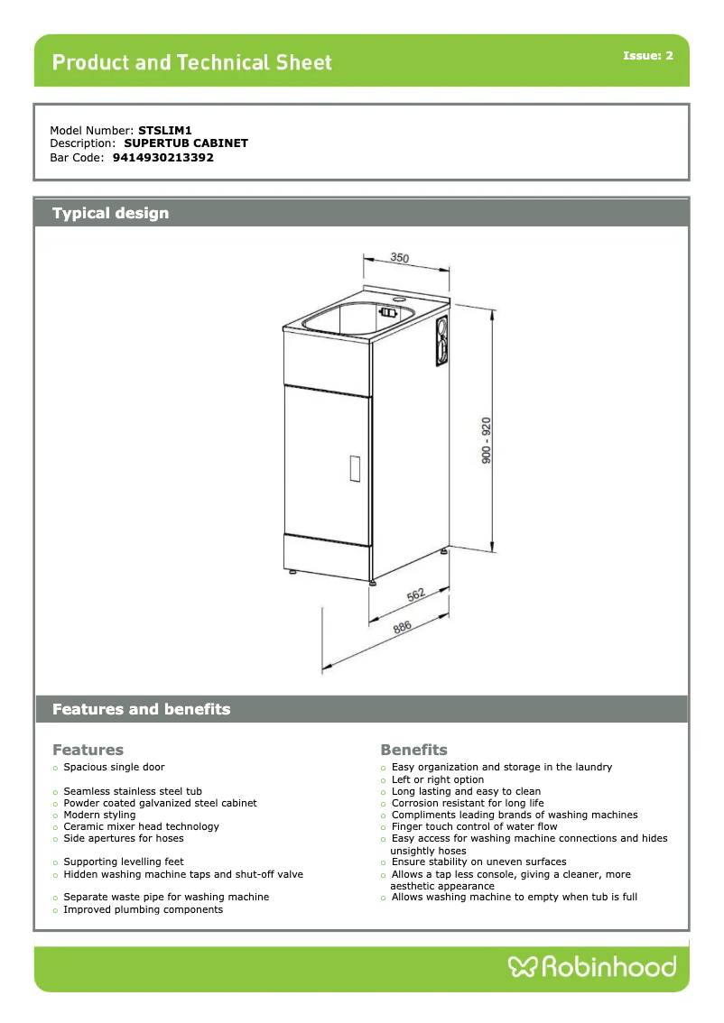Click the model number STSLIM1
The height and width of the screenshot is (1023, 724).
[x=164, y=130]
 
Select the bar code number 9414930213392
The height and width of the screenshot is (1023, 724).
[x=162, y=157]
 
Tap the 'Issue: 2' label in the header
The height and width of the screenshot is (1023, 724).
[x=647, y=56]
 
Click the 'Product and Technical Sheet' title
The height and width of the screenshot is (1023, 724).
[x=192, y=62]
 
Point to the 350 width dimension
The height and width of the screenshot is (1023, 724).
[x=399, y=258]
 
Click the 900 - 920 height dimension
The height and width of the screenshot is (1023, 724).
[x=486, y=440]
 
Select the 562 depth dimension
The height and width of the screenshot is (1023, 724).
[x=416, y=594]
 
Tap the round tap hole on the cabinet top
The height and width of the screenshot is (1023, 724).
[x=400, y=295]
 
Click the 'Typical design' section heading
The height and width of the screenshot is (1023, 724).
[x=110, y=213]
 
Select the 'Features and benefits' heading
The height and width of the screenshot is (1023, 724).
[x=141, y=709]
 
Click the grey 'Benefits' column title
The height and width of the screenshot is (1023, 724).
[x=413, y=750]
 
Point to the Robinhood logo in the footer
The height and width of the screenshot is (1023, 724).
[x=592, y=967]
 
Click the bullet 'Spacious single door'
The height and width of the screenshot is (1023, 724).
[x=114, y=767]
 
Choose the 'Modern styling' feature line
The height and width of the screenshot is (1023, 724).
[x=99, y=815]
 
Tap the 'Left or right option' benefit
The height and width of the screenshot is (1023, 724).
[x=438, y=779]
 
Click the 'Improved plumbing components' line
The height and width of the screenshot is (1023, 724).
[x=143, y=909]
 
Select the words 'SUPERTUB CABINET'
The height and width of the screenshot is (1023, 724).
[x=186, y=143]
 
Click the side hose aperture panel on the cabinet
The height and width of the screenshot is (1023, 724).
[x=441, y=340]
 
